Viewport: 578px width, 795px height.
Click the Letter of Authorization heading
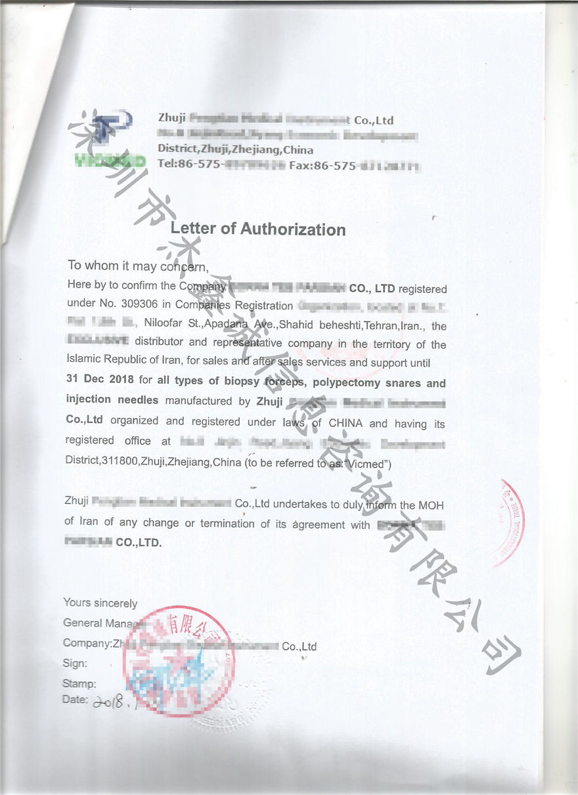click(257, 229)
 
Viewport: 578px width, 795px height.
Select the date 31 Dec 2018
click(100, 380)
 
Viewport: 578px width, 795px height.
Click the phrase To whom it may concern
click(138, 266)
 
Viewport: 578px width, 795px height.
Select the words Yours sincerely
click(100, 603)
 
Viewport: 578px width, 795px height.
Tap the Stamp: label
click(79, 684)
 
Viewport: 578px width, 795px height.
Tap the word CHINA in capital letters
click(345, 424)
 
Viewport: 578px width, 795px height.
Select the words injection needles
click(112, 399)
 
